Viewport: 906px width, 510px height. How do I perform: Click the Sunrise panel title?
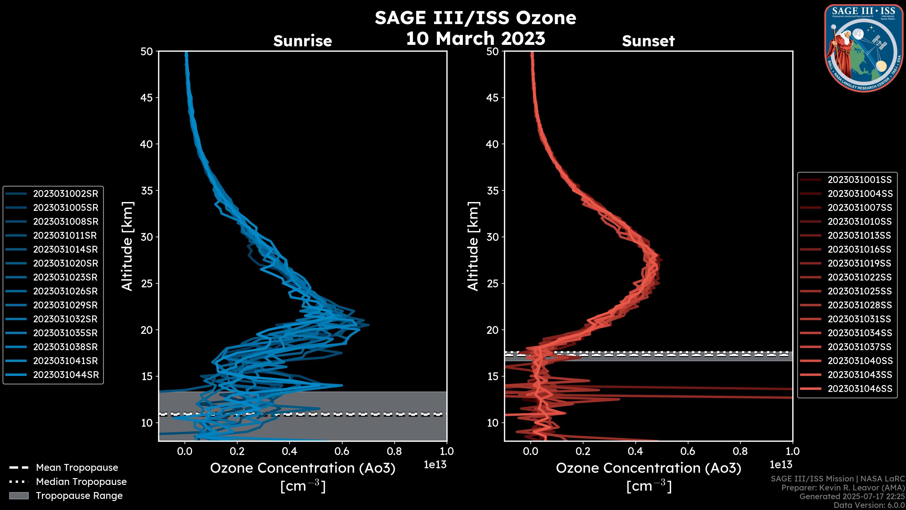click(302, 41)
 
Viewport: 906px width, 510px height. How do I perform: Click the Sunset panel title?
click(648, 41)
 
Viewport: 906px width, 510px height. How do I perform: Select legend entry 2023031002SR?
click(65, 194)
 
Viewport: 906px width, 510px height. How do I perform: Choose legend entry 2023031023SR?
click(65, 277)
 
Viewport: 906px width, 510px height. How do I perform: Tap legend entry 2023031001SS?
click(860, 180)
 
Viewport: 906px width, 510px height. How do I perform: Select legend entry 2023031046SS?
click(860, 389)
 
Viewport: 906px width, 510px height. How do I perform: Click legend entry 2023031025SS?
click(860, 291)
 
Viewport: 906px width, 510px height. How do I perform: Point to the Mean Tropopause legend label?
click(77, 467)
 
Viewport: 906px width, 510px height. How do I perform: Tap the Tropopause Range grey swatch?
click(19, 496)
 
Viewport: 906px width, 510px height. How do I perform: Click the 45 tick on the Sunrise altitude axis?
click(147, 98)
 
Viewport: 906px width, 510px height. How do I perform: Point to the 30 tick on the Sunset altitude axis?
click(492, 237)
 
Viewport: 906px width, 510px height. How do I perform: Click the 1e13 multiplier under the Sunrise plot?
click(435, 465)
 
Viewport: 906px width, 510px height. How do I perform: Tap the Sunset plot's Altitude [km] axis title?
click(473, 246)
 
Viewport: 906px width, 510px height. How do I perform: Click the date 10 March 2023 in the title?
click(475, 38)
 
